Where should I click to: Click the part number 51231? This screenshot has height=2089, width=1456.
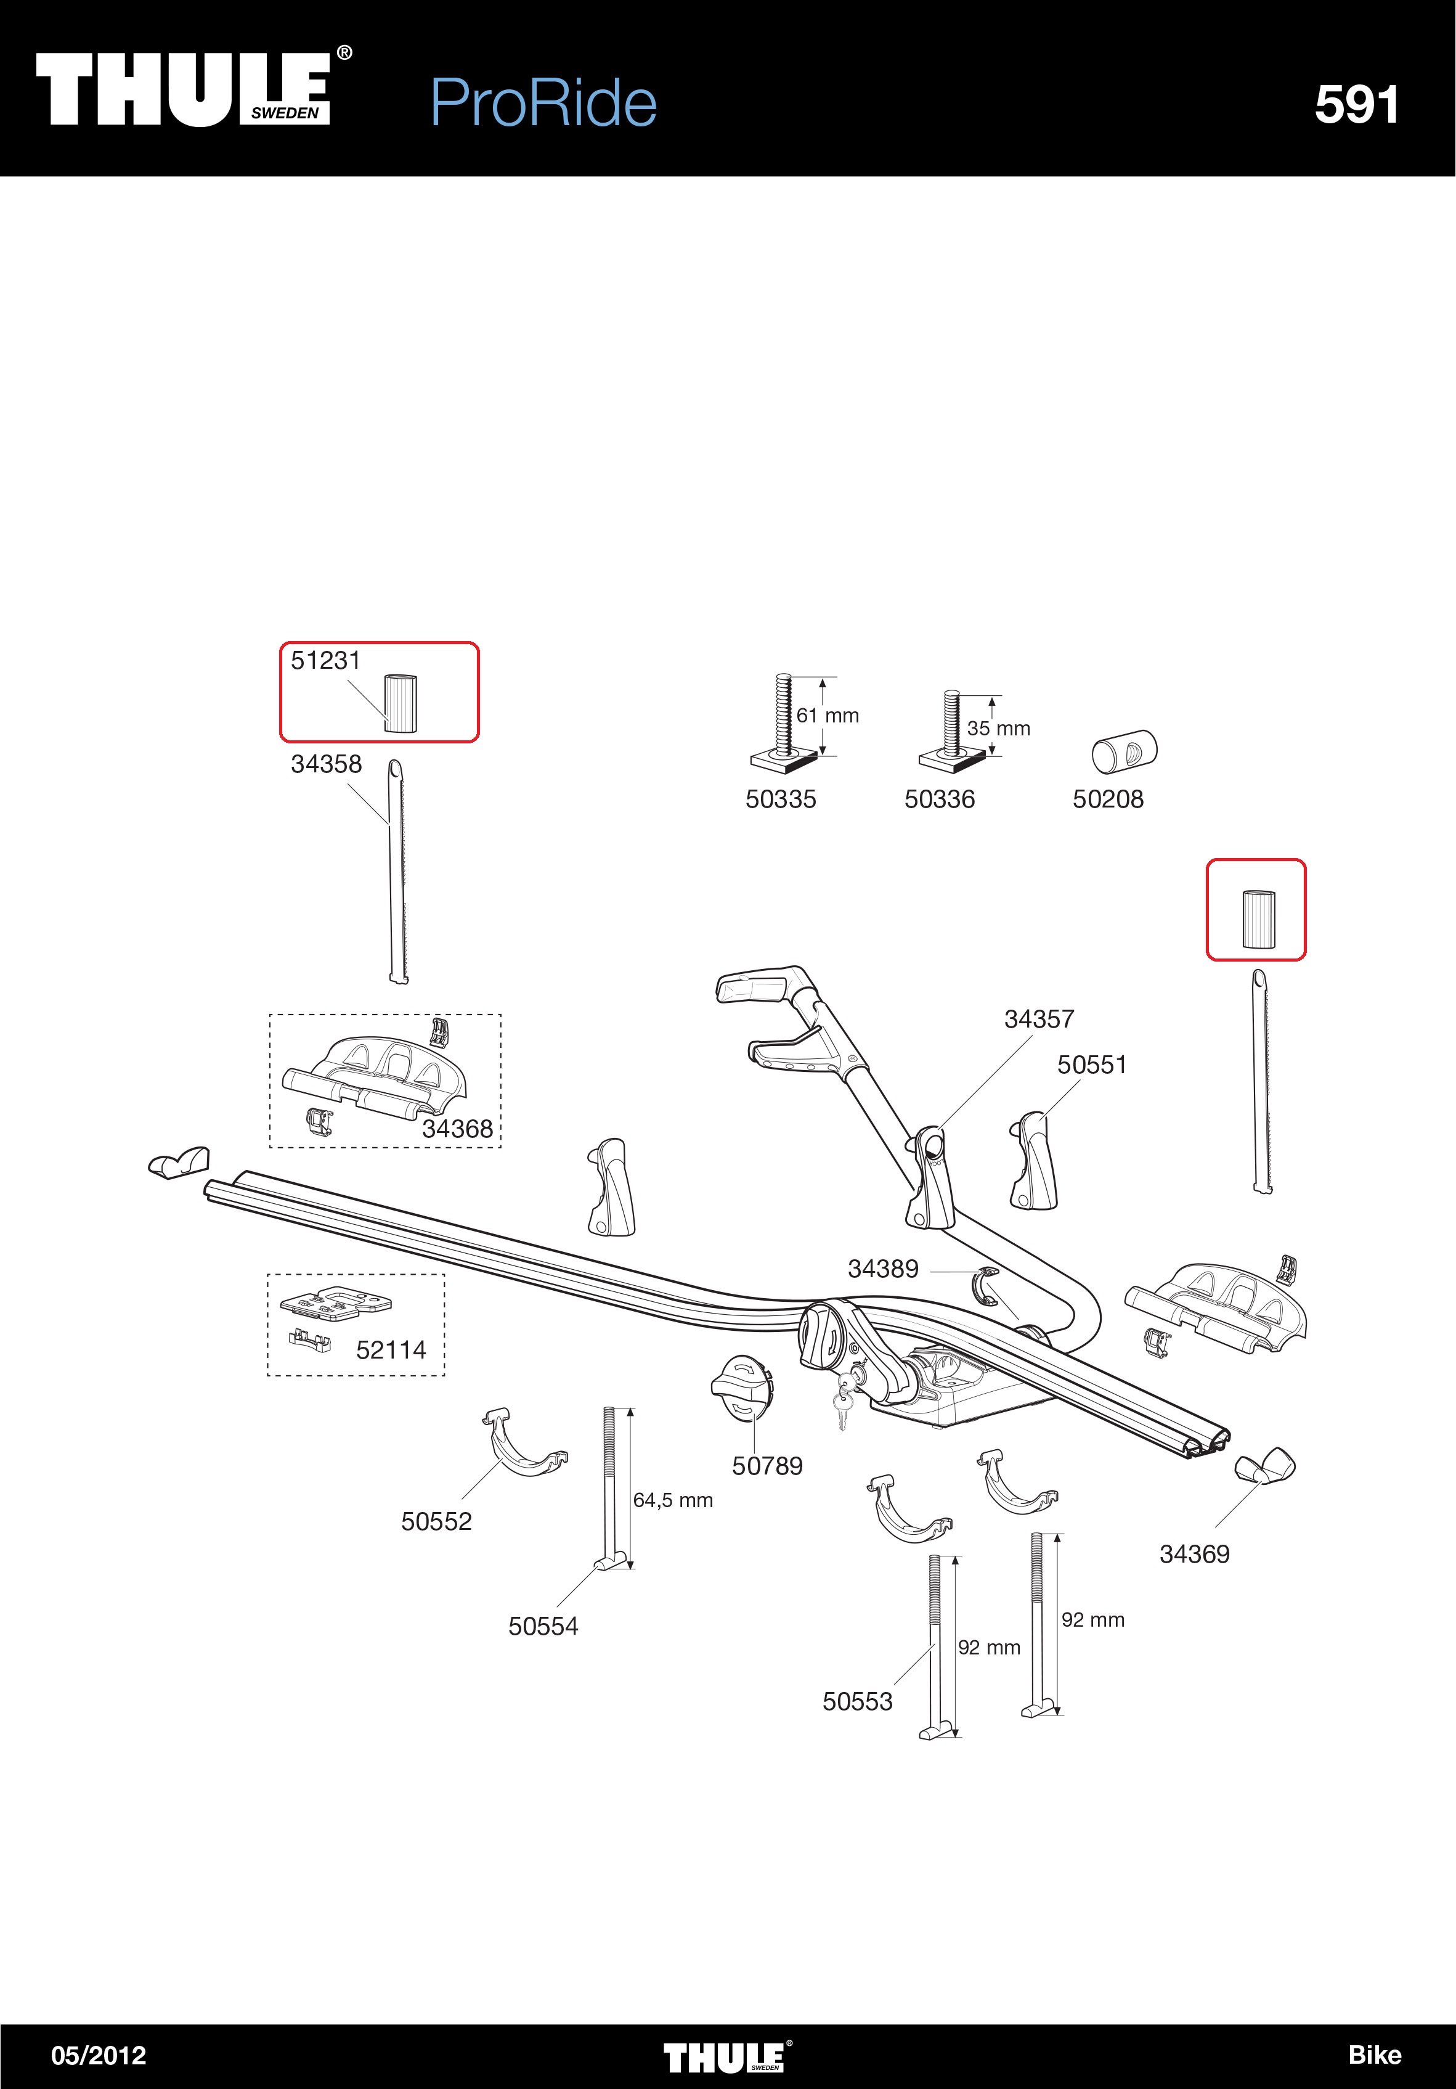click(x=325, y=661)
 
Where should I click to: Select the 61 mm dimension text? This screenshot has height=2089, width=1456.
click(x=828, y=716)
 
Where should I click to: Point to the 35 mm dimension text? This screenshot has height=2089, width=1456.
click(x=999, y=729)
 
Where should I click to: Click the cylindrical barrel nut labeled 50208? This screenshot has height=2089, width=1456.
click(x=1124, y=751)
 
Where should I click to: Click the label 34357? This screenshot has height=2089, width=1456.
click(x=1039, y=1019)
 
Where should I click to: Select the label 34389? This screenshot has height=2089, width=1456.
click(x=883, y=1269)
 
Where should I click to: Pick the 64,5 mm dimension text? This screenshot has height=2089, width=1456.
click(x=673, y=1500)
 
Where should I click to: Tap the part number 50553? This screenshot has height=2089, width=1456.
click(x=858, y=1703)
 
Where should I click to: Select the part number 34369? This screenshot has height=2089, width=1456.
click(x=1195, y=1554)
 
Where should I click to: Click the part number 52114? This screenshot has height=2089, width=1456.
click(x=391, y=1350)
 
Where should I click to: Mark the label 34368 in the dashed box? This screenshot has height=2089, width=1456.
click(x=457, y=1129)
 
